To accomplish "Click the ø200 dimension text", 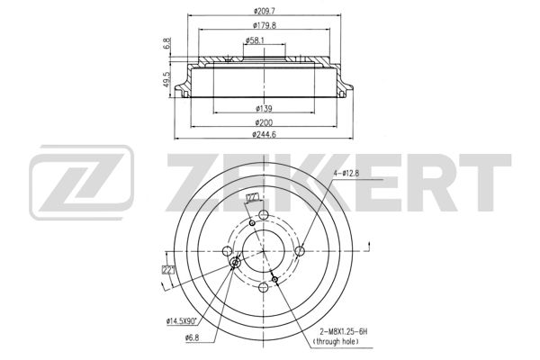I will click(x=265, y=121).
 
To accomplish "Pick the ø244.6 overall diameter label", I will click(x=265, y=135).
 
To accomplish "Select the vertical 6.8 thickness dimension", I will click(x=167, y=43).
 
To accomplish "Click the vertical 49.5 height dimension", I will click(x=167, y=81).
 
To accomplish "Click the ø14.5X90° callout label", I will click(x=184, y=319).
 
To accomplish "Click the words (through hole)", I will click(x=335, y=343).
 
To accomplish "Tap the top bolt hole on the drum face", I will click(x=263, y=215).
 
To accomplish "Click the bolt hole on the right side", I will click(x=301, y=251).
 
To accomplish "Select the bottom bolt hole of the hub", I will click(x=263, y=288).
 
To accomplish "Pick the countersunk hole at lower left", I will click(x=235, y=262).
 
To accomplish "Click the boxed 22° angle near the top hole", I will click(x=252, y=197).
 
